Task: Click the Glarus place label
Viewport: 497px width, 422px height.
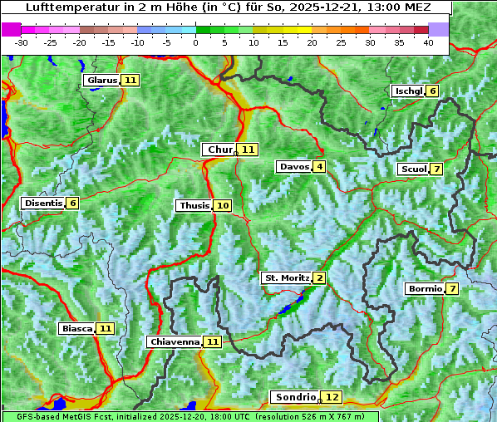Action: pyautogui.click(x=101, y=81)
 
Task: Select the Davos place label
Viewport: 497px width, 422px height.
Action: pyautogui.click(x=293, y=167)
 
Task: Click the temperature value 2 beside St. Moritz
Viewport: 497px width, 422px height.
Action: pyautogui.click(x=320, y=277)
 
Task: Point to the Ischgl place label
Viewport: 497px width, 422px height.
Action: pyautogui.click(x=407, y=91)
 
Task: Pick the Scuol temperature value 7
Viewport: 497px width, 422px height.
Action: pyautogui.click(x=437, y=169)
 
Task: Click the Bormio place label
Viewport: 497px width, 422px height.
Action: pyautogui.click(x=424, y=289)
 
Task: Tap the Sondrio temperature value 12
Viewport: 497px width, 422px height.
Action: pyautogui.click(x=332, y=398)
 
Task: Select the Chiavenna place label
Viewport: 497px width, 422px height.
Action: pyautogui.click(x=174, y=341)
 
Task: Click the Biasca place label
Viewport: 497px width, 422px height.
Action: pyautogui.click(x=76, y=329)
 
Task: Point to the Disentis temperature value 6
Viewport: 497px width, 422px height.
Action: pyautogui.click(x=73, y=204)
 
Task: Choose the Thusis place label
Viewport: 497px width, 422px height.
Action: pyautogui.click(x=194, y=206)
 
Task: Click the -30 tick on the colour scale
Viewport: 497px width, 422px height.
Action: pyautogui.click(x=22, y=42)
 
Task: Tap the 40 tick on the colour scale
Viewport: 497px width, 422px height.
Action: pyautogui.click(x=428, y=42)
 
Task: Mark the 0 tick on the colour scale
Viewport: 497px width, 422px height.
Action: pyautogui.click(x=196, y=42)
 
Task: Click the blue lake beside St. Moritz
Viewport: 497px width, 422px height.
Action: pyautogui.click(x=290, y=307)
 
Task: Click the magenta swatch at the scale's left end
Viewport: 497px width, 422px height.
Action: pyautogui.click(x=12, y=29)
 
